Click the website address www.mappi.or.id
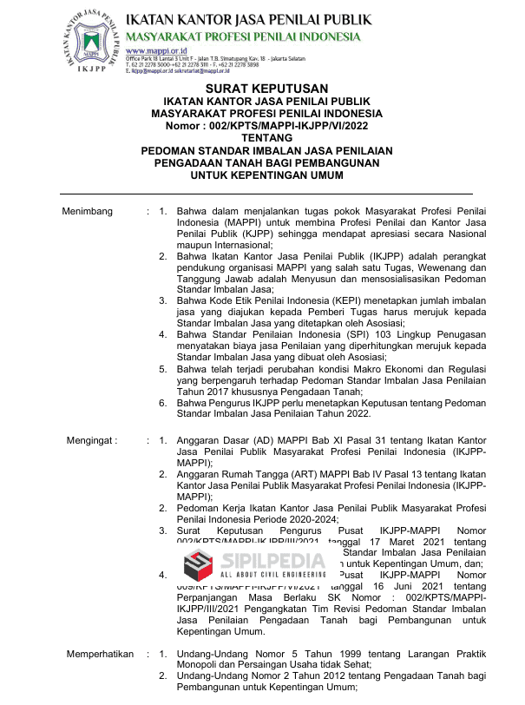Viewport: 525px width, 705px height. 150,50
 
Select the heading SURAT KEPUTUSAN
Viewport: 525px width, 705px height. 266,89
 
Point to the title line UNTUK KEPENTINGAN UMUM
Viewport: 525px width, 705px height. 266,175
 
